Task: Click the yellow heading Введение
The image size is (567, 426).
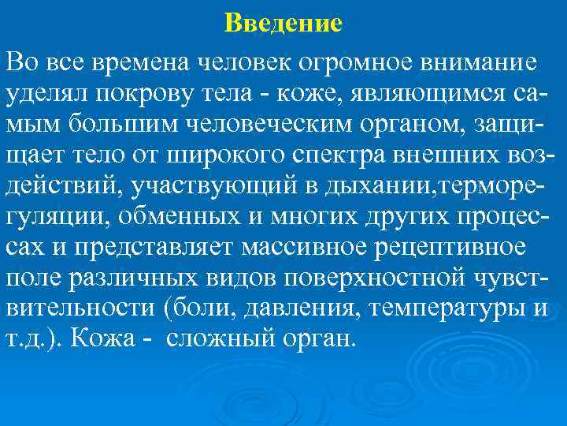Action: point(283,23)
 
